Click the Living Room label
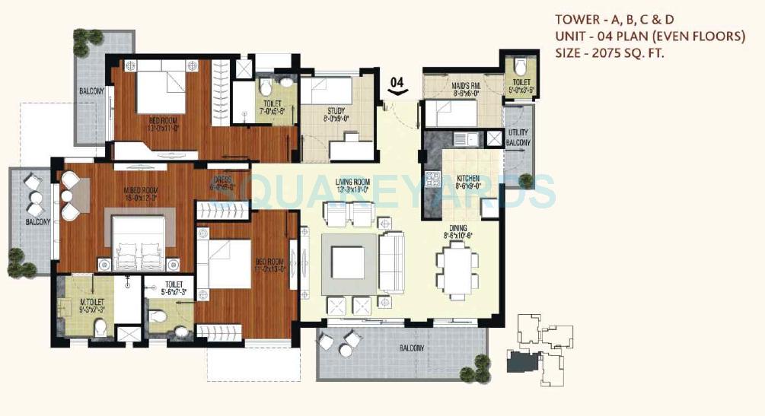(352, 183)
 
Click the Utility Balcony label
(518, 138)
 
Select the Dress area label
(222, 179)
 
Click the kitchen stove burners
(433, 180)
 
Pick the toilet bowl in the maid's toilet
(520, 65)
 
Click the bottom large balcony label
(412, 349)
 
